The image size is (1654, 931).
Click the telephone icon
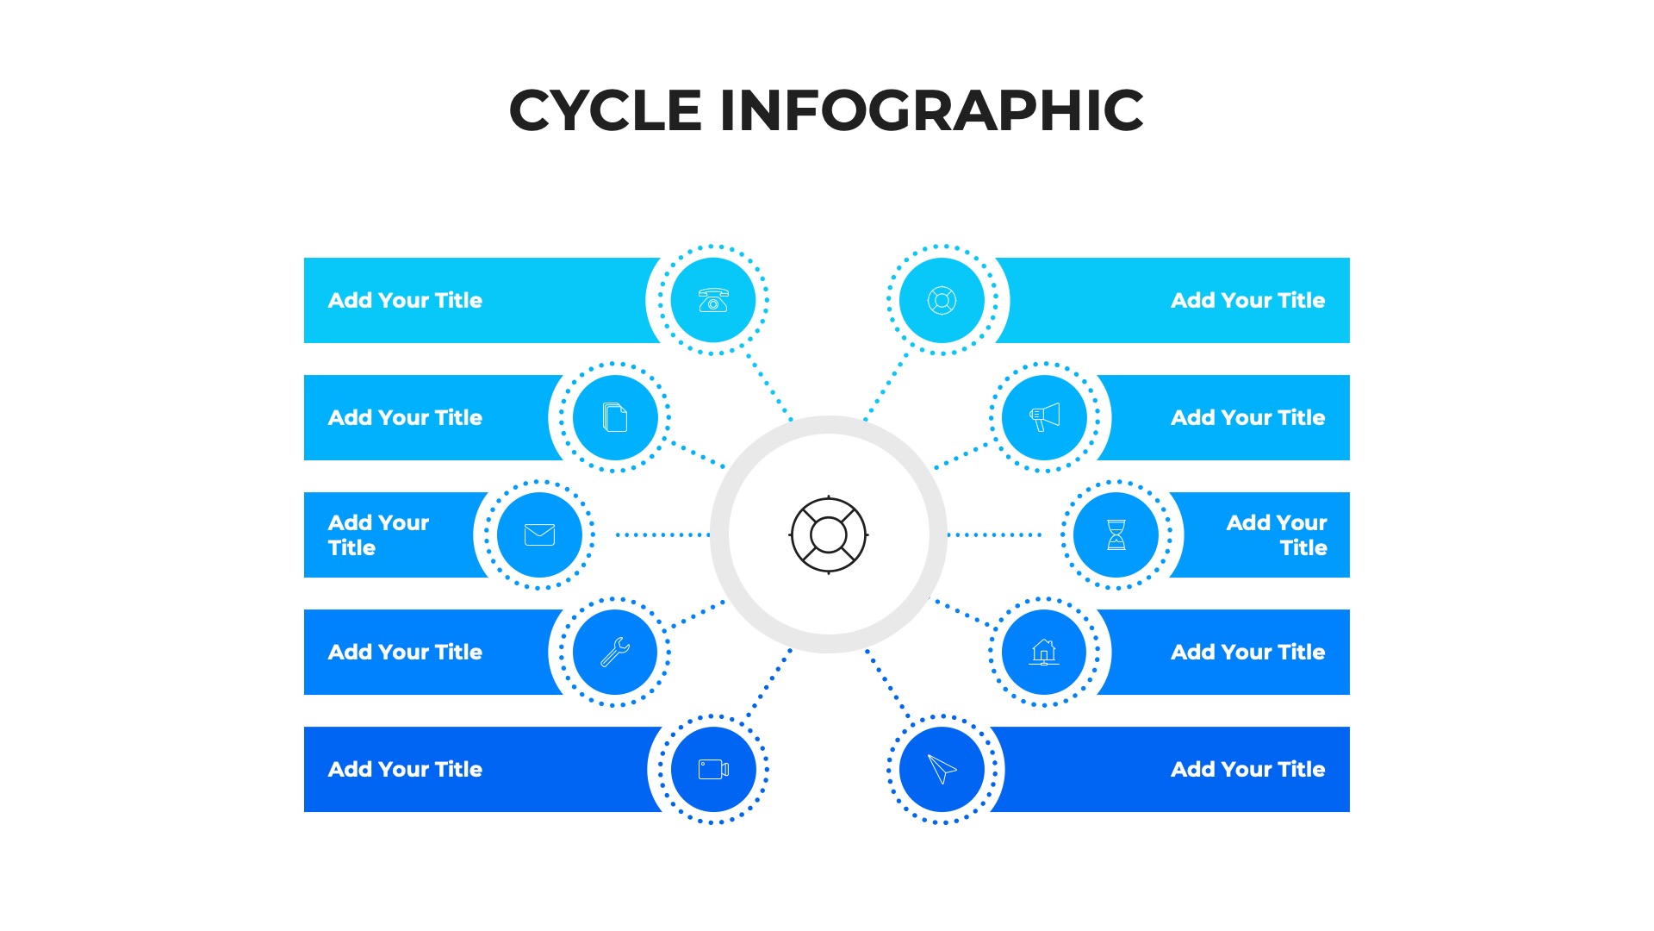coord(713,300)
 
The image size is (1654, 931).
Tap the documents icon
coord(615,417)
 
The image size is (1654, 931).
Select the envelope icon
coord(539,534)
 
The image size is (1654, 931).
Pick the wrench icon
coord(615,652)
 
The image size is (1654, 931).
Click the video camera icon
coord(713,769)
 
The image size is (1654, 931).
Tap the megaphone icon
coord(1045,417)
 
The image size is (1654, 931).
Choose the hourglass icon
coord(1116,534)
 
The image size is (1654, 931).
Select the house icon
coord(1044,652)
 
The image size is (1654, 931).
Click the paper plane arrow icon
coord(942,769)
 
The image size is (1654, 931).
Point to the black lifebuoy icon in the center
coord(829,534)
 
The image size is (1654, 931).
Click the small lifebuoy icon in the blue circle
coord(942,300)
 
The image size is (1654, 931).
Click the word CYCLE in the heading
coord(606,110)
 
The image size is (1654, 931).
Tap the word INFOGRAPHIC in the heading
coord(931,110)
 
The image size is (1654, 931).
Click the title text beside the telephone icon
coord(405,300)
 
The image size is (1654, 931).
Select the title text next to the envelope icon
coord(378,534)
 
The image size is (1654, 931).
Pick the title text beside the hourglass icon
coord(1277,534)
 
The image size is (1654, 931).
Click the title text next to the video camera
coord(405,769)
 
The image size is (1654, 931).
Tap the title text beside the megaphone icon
coord(1247,417)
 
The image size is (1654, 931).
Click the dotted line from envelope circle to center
coord(662,534)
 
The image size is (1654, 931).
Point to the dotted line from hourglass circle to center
coord(995,534)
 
